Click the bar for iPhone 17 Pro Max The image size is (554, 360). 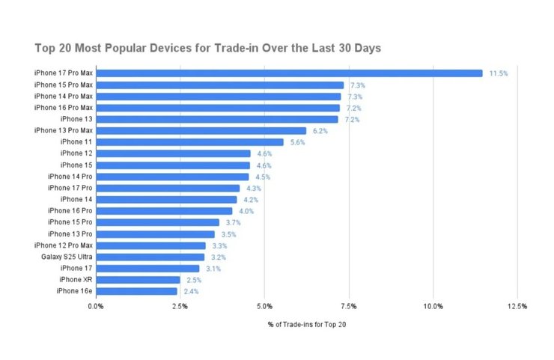click(289, 73)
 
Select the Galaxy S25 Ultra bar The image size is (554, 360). click(150, 257)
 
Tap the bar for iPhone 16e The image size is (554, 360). click(136, 291)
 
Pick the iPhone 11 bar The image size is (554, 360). click(189, 142)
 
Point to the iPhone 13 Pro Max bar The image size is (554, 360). click(201, 131)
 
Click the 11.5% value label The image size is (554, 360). click(499, 73)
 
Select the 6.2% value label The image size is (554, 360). click(320, 131)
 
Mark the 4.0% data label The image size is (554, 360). click(246, 211)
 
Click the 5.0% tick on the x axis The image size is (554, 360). click(264, 306)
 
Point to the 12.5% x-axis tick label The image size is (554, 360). click(517, 306)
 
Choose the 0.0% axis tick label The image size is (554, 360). click(96, 306)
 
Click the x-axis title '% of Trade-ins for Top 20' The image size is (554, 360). click(307, 325)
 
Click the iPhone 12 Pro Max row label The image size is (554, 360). click(64, 245)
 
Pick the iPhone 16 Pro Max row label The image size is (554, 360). click(64, 108)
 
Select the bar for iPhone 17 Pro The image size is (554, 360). click(168, 188)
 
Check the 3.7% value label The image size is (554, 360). click(234, 222)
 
